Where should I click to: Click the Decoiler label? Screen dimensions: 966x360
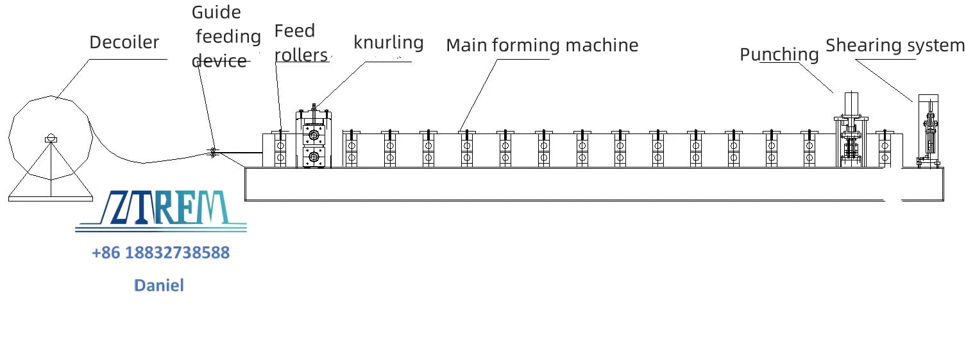click(124, 42)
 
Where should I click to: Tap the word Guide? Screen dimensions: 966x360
click(216, 12)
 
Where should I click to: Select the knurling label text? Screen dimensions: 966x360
click(389, 43)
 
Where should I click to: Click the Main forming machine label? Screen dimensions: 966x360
click(542, 46)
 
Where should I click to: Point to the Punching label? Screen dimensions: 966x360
click(779, 55)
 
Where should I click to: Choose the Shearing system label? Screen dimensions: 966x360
click(895, 46)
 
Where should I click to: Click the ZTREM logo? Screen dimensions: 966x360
click(161, 211)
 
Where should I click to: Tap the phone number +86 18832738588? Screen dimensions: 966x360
click(161, 253)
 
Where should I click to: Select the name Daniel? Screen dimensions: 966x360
click(158, 286)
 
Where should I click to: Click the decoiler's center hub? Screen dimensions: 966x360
click(51, 139)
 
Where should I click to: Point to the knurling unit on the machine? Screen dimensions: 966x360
click(314, 138)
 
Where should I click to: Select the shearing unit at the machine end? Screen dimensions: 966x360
click(929, 131)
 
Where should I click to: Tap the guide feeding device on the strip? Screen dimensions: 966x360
click(212, 152)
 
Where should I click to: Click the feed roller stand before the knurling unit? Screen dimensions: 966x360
click(280, 149)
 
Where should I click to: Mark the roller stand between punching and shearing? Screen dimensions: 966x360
click(885, 149)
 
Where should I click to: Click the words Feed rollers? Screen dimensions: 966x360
click(301, 43)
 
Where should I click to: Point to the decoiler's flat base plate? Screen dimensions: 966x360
click(51, 199)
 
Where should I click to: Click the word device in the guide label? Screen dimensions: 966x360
click(219, 61)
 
